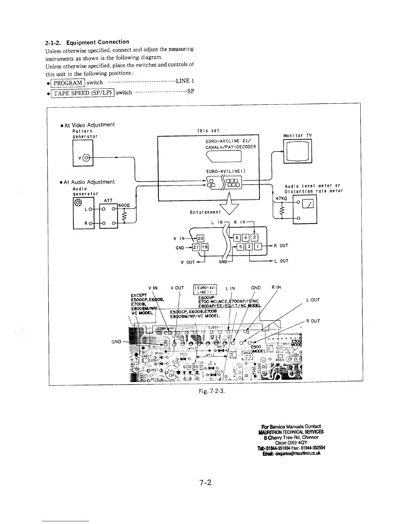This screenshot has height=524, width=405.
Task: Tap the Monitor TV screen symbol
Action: point(298,151)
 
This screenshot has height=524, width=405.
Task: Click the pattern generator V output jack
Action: point(87,157)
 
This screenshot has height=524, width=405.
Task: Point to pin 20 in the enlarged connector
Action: point(201,238)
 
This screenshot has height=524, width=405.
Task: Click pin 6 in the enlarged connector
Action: point(237,238)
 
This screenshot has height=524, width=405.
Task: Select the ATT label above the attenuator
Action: point(108,200)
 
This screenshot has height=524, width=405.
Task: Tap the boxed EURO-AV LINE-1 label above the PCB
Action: point(205,289)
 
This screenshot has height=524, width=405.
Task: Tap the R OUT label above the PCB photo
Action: point(313,321)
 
